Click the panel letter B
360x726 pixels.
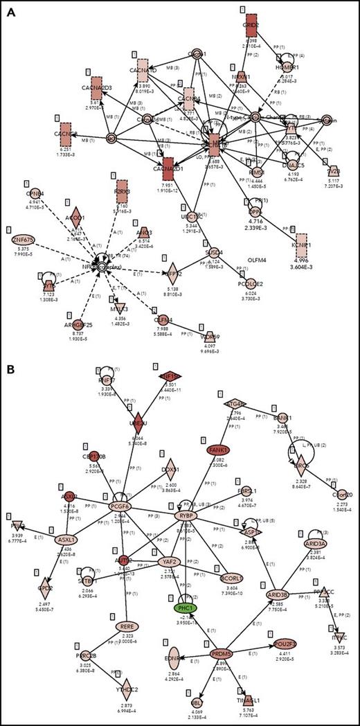pos(11,372)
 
